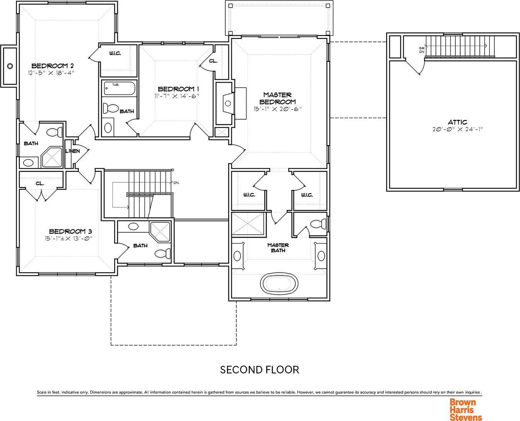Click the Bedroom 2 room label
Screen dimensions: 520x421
53,66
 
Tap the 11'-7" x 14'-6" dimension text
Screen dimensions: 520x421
177,96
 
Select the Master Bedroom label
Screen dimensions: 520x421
277,98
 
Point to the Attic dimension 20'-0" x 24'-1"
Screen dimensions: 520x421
457,129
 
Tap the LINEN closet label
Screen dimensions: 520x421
73,151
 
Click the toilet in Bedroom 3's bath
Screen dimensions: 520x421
163,253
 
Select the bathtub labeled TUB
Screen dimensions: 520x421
119,89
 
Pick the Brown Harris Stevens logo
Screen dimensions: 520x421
466,408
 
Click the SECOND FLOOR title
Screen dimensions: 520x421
260,370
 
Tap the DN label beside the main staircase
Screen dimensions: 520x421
176,183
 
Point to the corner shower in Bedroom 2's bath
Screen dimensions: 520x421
52,157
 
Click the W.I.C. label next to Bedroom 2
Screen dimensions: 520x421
115,53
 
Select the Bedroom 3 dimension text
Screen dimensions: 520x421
68,238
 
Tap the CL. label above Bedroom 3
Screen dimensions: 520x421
40,183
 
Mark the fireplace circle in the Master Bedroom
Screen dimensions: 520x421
228,104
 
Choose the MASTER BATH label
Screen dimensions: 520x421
278,248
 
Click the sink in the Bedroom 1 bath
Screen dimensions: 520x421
108,127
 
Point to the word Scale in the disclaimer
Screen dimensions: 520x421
41,392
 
